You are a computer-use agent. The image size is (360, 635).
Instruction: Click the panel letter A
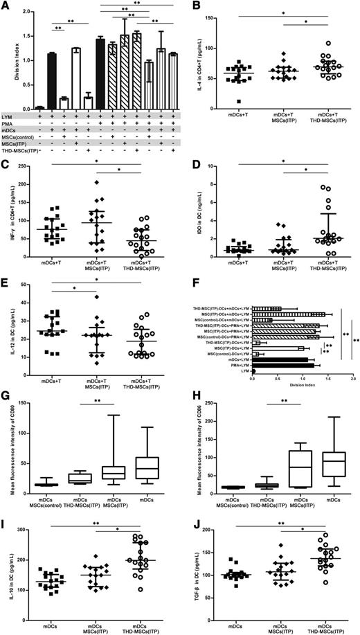pos(6,6)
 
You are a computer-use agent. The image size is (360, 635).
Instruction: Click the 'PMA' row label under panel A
pos(10,123)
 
